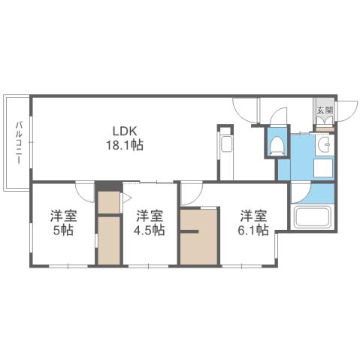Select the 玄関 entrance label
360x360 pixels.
tap(324, 110)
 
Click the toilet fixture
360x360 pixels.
tap(277, 144)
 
